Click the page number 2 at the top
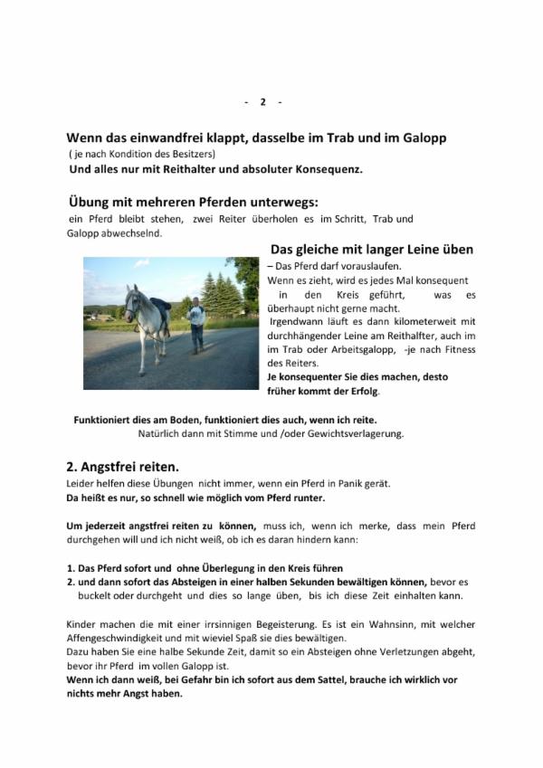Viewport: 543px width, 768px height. pos(263,101)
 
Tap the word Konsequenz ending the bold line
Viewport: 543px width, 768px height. pos(329,169)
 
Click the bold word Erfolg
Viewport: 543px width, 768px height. pos(363,391)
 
